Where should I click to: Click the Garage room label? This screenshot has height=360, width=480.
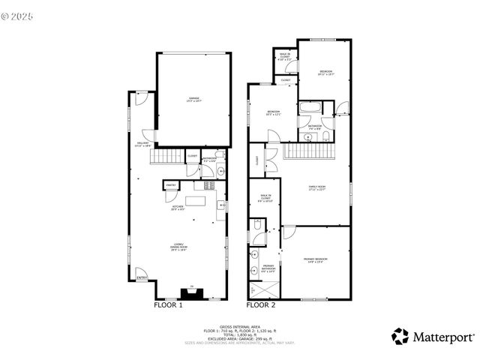[x=193, y=100]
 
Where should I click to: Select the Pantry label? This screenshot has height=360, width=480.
[x=170, y=184]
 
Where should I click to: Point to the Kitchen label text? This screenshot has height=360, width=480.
[x=178, y=208]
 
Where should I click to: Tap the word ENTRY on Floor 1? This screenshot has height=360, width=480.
[x=141, y=278]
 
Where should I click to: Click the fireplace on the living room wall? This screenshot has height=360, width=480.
[x=190, y=293]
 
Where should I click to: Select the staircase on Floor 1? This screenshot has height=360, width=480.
[x=166, y=157]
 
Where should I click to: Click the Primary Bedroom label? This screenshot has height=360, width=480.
[x=316, y=260]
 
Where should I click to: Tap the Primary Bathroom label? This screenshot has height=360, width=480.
[x=268, y=268]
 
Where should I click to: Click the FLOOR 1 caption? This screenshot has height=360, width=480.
[x=168, y=305]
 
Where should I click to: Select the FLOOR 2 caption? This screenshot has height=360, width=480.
[x=261, y=305]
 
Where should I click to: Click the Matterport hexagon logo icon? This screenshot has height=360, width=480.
[x=400, y=336]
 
